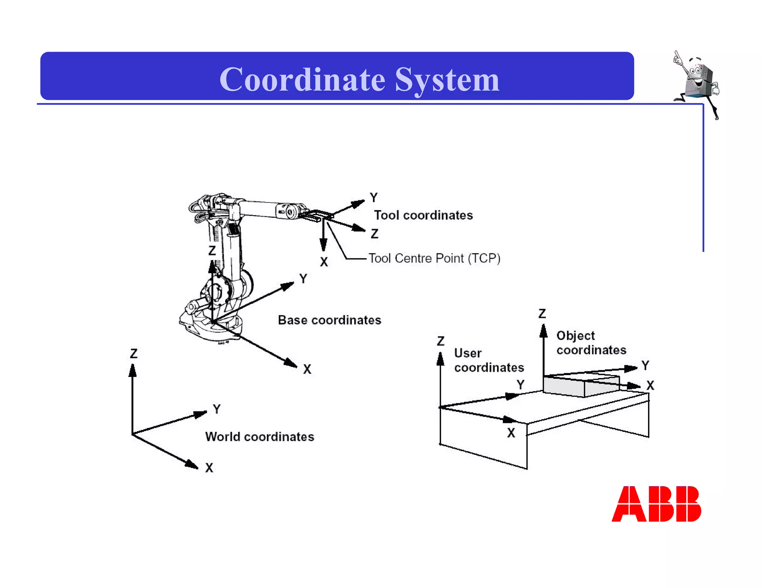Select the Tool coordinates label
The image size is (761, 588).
click(x=423, y=215)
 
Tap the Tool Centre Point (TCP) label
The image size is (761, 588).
click(x=434, y=258)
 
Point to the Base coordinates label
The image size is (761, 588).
click(x=329, y=320)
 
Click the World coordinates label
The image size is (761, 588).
click(x=259, y=437)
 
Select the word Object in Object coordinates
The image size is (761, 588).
click(x=575, y=336)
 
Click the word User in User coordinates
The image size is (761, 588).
click(x=467, y=353)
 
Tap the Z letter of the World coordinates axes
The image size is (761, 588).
click(x=134, y=353)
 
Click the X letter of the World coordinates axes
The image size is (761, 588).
click(x=209, y=468)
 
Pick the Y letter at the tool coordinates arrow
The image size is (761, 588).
click(x=374, y=197)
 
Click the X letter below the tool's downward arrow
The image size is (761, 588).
click(x=324, y=262)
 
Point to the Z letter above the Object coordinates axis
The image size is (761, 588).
click(x=542, y=314)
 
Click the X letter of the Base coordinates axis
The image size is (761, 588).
click(x=307, y=369)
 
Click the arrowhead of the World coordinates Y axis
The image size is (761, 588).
click(x=201, y=414)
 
